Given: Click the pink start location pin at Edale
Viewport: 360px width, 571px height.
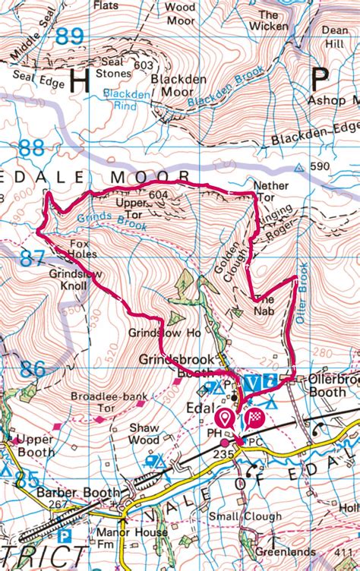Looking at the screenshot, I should click(x=226, y=417).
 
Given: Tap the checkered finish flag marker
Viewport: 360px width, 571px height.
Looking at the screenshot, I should click(x=255, y=417).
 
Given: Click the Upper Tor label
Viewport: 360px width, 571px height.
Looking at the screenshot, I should click(x=131, y=209).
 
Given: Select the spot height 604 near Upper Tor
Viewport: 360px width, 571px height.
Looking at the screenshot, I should click(x=158, y=194).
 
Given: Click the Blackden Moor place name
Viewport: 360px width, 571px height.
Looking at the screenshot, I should click(x=179, y=85).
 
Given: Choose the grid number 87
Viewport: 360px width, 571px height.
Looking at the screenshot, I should click(x=33, y=258).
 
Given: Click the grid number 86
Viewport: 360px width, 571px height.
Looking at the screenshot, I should click(x=33, y=370).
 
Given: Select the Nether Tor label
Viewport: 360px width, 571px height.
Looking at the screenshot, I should click(x=271, y=190).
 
